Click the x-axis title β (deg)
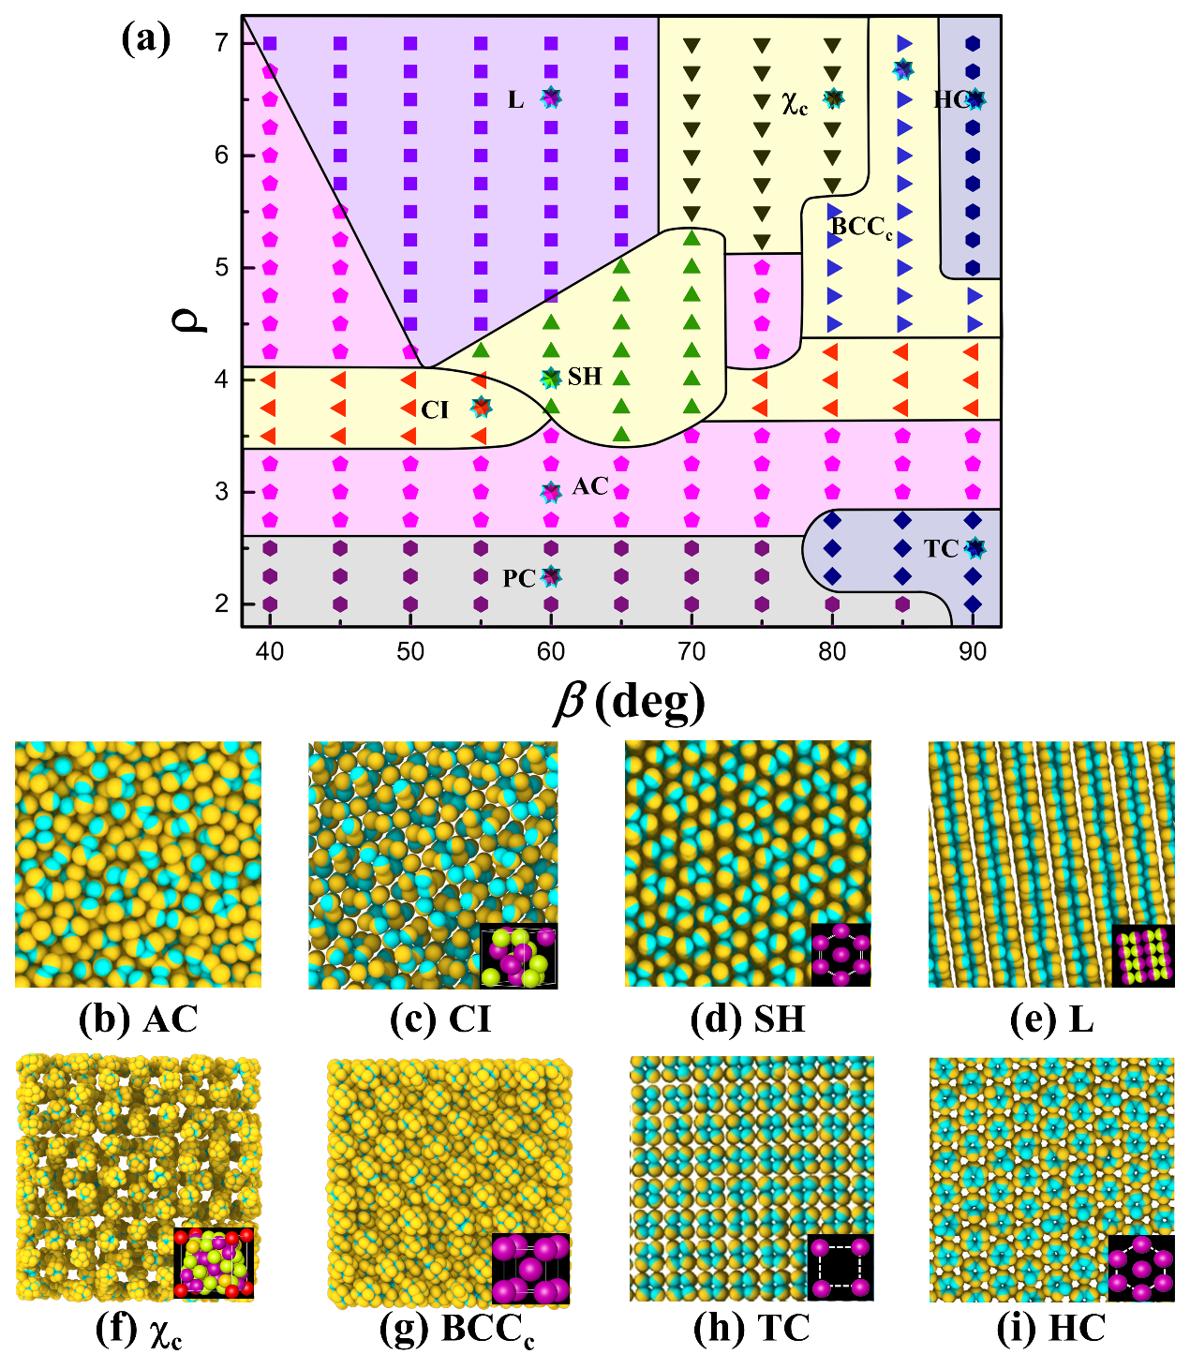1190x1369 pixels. (x=628, y=702)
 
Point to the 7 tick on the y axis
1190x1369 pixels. (x=221, y=42)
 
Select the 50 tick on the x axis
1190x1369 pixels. (x=410, y=651)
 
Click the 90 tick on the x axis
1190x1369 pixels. (x=973, y=651)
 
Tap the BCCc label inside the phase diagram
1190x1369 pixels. (x=861, y=227)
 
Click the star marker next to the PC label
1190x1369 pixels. (x=551, y=575)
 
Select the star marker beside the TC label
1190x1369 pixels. (x=974, y=548)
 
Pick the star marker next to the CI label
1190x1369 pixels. (x=481, y=407)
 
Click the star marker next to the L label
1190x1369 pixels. (x=551, y=97)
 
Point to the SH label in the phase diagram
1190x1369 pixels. (x=585, y=377)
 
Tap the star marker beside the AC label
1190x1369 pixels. (x=551, y=492)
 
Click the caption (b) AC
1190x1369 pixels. (x=139, y=1019)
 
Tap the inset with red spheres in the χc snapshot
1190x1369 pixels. (x=214, y=1262)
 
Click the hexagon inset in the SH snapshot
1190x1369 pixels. (x=840, y=954)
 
